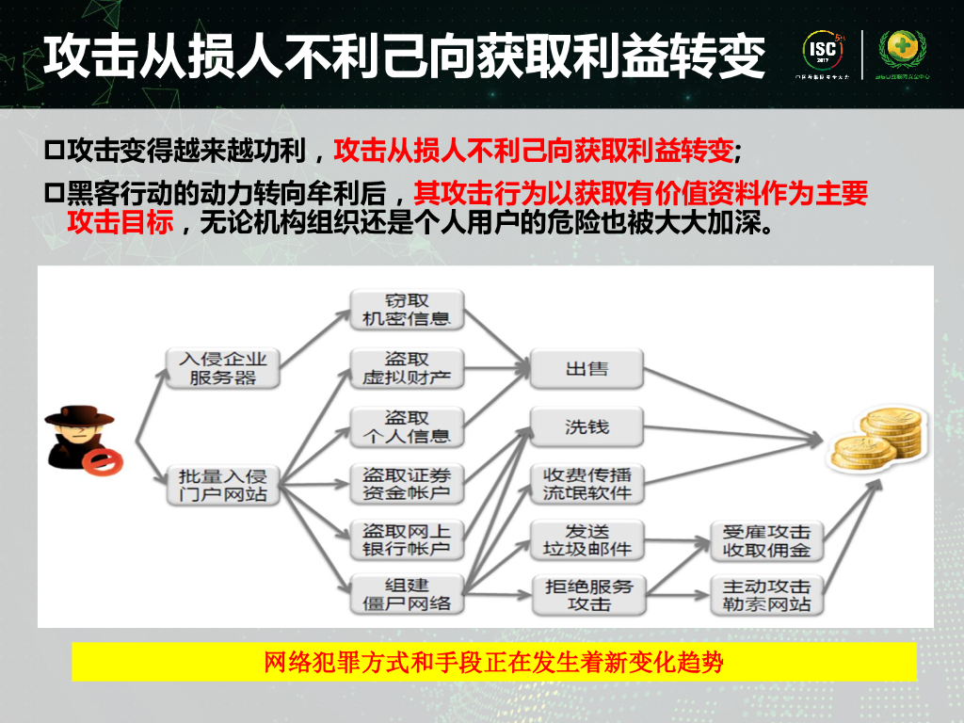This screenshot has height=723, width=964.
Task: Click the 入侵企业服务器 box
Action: [222, 368]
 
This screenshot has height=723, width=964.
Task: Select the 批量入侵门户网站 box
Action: [222, 485]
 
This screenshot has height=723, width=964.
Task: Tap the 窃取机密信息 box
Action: [406, 310]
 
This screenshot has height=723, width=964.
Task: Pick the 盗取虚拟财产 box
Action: [406, 368]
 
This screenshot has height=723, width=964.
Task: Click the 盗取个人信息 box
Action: [406, 426]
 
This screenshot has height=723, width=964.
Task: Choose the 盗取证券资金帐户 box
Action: [406, 485]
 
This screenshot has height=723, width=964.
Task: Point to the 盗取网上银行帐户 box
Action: [406, 539]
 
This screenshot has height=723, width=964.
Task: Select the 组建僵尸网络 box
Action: [406, 594]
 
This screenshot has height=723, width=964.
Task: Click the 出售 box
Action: [586, 368]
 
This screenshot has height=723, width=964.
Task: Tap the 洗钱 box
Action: [586, 426]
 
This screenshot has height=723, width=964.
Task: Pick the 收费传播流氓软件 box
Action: [586, 483]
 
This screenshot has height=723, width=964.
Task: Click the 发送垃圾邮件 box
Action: [586, 539]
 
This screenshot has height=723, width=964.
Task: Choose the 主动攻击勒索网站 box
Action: [766, 594]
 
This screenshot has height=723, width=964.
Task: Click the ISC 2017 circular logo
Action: [821, 52]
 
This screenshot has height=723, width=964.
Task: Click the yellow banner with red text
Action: [494, 662]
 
